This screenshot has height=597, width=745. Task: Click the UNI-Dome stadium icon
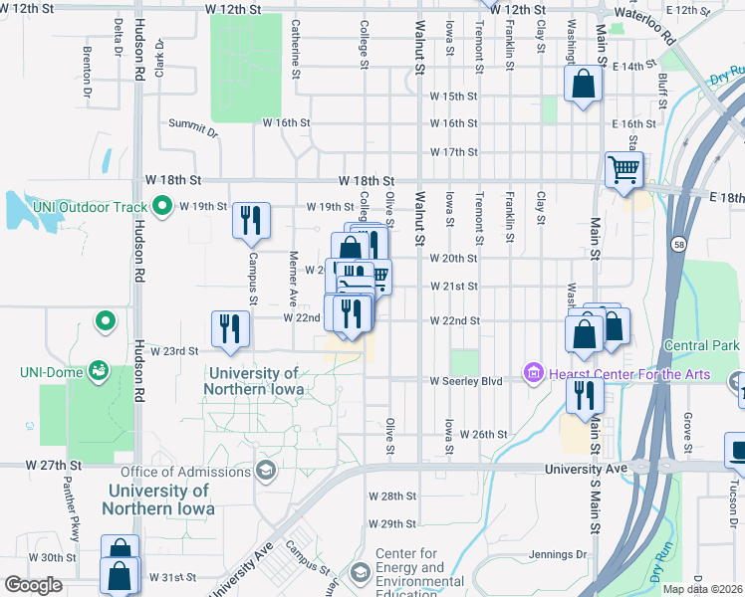point(99,371)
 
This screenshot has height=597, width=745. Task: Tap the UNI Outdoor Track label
point(91,207)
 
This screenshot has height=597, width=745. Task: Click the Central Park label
point(702,345)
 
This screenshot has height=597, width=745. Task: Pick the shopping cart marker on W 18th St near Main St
point(623,170)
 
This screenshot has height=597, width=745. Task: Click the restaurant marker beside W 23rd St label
point(230,328)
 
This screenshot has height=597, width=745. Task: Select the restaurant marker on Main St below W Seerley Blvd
point(584,393)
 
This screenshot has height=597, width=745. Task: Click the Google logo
point(33,585)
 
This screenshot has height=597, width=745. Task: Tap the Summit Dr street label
point(192,127)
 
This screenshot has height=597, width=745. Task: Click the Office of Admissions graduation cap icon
point(266,469)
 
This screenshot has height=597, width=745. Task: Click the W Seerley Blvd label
point(466,380)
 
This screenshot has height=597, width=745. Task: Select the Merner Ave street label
point(294,280)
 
